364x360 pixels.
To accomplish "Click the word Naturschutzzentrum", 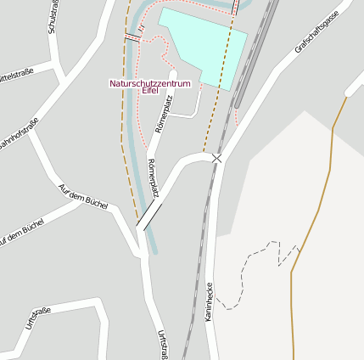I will point(149,83).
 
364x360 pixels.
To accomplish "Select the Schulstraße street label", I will point(53,18).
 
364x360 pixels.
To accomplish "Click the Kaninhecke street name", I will point(209,301).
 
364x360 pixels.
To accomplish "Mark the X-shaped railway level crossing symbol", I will point(216,158).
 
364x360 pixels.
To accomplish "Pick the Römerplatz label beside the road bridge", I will point(154,177).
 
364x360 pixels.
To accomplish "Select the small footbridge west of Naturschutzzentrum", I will point(132,37).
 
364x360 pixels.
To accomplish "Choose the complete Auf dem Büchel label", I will point(82,199).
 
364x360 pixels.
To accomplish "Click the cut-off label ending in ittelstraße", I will point(15,74).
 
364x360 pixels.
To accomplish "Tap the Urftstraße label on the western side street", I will point(38,318).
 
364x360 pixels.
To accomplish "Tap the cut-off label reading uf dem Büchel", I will point(21,233).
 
